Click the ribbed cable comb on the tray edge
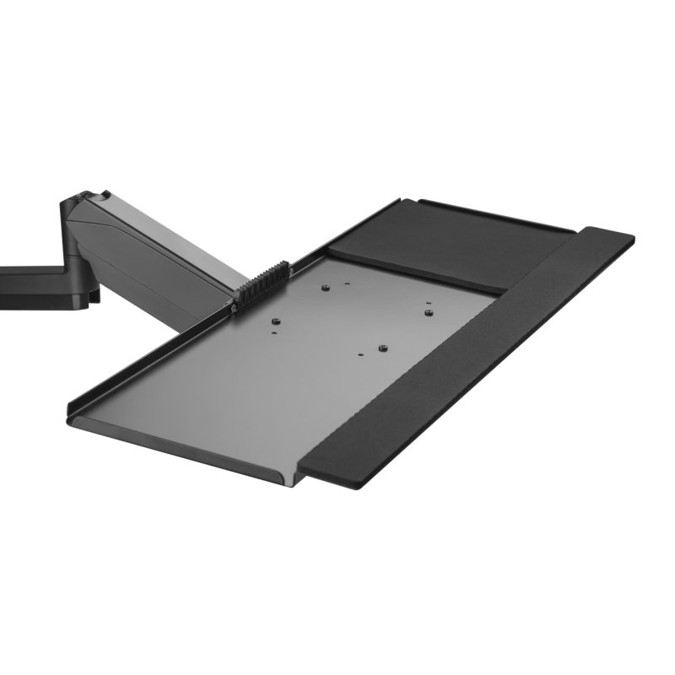pyautogui.click(x=261, y=283)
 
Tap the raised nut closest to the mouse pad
pyautogui.click(x=429, y=312)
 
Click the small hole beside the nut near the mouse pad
pyautogui.click(x=428, y=303)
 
